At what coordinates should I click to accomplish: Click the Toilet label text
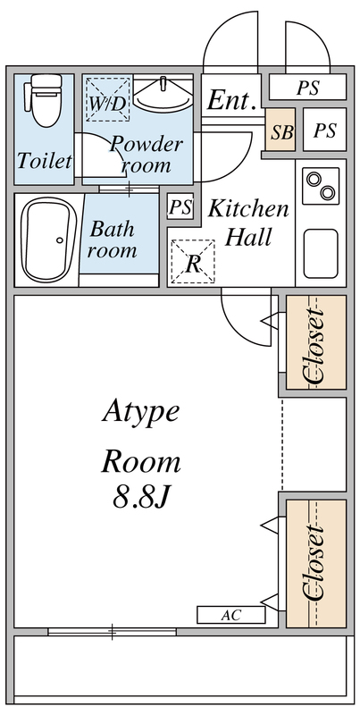coord(44,162)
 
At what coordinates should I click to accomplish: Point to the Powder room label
coord(146,155)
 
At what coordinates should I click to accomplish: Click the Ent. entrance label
coord(233,99)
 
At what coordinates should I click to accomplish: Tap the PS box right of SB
coord(324,131)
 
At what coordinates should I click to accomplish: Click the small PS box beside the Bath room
coord(180,207)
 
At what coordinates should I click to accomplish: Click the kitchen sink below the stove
coord(321,251)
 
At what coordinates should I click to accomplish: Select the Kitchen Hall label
coord(249,223)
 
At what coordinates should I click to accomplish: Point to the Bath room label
coord(113,239)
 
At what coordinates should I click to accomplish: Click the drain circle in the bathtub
coord(59,239)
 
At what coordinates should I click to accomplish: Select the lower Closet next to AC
coord(314,563)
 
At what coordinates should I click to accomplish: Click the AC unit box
coord(230,615)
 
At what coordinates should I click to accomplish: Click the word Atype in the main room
coord(140,412)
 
